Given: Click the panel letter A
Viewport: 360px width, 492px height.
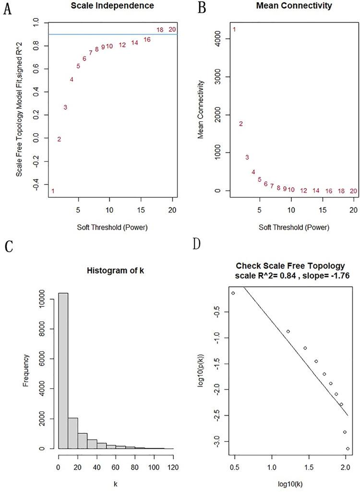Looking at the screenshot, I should coord(7,10).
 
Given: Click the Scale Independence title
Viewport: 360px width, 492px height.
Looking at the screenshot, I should coord(113,6).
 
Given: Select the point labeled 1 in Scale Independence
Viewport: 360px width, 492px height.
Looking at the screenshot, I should coord(53,191).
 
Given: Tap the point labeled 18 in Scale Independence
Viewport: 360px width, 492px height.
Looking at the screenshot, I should coord(160,30).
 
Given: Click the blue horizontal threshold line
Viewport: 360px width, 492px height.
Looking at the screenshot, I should coord(110,34).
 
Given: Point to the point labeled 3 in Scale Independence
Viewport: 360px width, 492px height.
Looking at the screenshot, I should coord(65,107).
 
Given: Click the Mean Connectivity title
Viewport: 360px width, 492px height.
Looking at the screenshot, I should coord(294,6).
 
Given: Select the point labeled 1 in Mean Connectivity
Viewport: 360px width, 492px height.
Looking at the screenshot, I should coord(234,30).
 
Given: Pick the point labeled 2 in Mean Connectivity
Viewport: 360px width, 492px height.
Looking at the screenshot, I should coord(241,124).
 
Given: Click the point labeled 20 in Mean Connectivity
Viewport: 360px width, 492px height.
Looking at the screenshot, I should coord(354,191).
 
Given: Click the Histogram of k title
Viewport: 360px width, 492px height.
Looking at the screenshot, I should coord(115,270).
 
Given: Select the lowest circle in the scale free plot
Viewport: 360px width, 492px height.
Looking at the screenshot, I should coord(348,449).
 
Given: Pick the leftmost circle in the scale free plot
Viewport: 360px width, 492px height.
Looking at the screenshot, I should coord(233,293).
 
